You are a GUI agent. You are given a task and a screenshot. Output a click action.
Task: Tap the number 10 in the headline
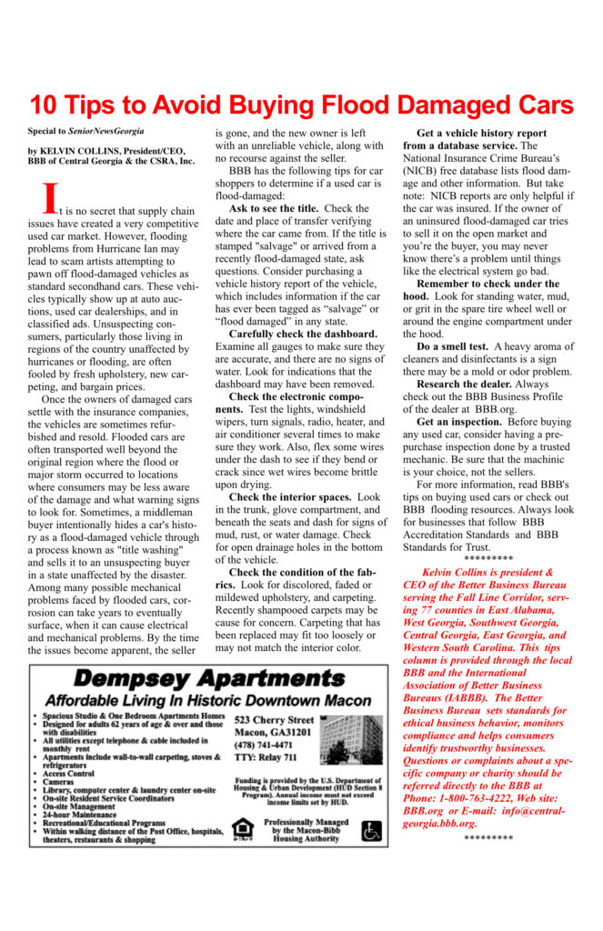click(45, 105)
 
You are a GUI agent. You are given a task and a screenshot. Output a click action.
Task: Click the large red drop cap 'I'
click(52, 195)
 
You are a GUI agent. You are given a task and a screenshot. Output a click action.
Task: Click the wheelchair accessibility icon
click(372, 830)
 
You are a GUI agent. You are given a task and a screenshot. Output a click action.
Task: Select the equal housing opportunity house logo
click(243, 828)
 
